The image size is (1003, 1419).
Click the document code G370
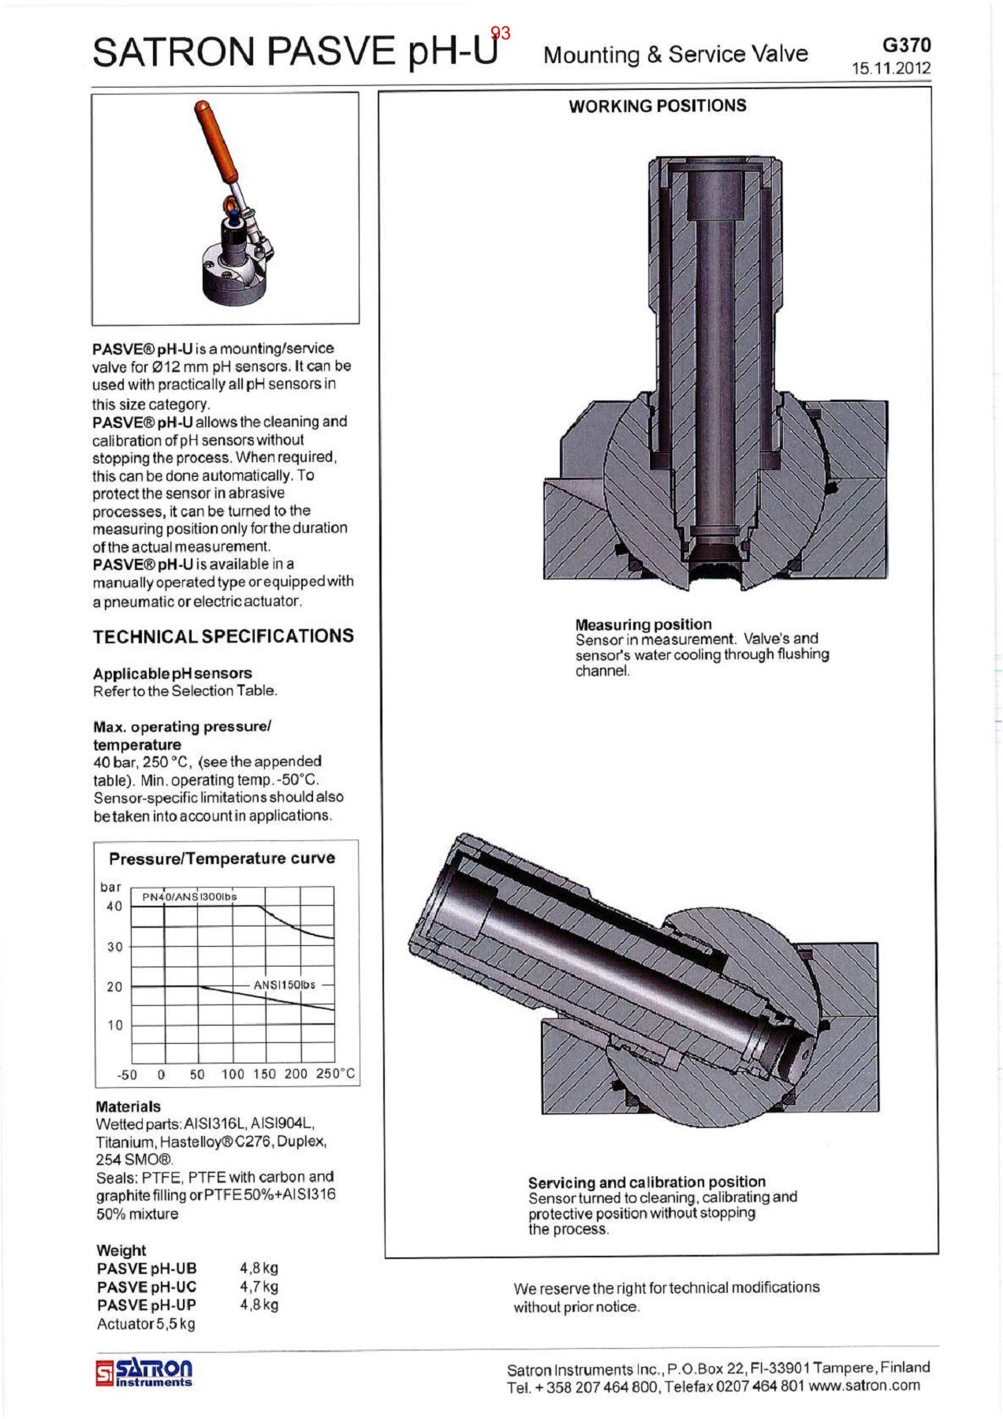click(x=906, y=45)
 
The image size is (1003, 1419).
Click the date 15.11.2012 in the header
click(x=890, y=69)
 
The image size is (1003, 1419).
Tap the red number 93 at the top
click(x=500, y=33)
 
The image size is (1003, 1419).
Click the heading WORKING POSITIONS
click(x=657, y=106)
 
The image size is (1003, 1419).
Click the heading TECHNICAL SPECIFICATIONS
click(x=223, y=636)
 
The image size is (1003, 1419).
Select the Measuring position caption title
click(x=643, y=624)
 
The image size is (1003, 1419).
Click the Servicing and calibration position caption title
click(x=647, y=1182)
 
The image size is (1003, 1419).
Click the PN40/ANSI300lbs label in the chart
click(x=189, y=897)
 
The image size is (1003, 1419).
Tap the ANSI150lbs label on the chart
click(x=284, y=985)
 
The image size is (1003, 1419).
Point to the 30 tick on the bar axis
click(x=115, y=947)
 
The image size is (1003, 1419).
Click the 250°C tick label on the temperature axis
click(x=335, y=1074)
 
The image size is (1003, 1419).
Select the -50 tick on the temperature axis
click(x=126, y=1074)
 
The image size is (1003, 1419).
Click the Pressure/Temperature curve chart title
click(x=222, y=858)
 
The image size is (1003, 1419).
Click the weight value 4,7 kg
click(x=259, y=1287)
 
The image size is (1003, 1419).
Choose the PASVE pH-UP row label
click(x=146, y=1305)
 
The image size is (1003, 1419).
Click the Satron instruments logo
click(x=144, y=1372)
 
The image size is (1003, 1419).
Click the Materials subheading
click(x=128, y=1107)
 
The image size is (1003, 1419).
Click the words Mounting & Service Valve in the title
click(x=675, y=54)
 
